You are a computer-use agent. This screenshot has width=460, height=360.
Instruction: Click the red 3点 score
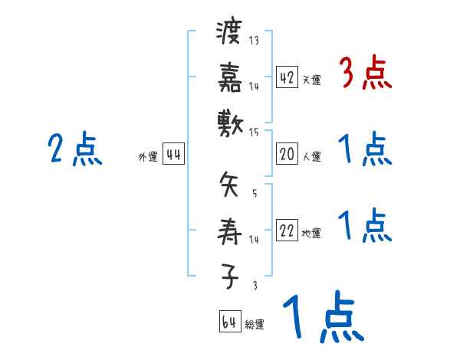click(x=365, y=74)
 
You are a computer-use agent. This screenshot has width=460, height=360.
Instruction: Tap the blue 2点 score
click(x=74, y=149)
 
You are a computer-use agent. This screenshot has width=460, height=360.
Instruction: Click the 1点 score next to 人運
click(x=365, y=149)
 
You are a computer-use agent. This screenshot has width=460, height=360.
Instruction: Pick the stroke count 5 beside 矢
click(x=254, y=192)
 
